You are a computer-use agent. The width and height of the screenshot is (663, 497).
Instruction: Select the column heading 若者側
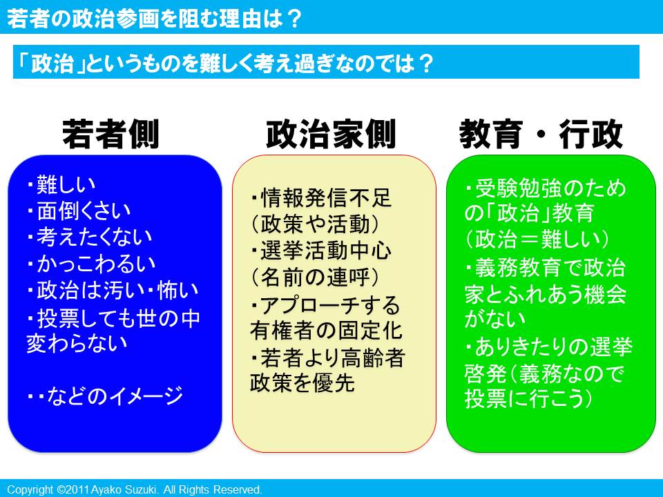point(110,134)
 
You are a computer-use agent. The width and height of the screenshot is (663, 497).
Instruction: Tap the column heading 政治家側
point(331,134)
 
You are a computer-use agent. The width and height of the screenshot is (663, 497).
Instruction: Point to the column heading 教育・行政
point(541,134)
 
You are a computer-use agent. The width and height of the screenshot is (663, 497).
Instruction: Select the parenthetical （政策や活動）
point(315,224)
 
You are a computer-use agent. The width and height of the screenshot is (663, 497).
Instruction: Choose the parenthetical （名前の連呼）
point(315,277)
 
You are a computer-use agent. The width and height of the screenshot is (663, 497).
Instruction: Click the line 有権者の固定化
point(326,330)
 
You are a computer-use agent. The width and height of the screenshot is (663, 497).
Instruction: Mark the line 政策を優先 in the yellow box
point(302,383)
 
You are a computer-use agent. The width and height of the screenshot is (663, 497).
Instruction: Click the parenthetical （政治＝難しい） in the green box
point(537,240)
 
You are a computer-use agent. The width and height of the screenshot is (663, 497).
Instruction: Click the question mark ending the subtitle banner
point(425,64)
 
